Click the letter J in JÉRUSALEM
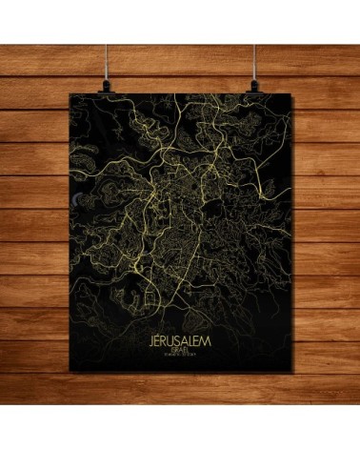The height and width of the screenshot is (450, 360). click(x=153, y=341)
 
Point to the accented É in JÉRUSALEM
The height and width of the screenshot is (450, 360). click(x=161, y=340)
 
